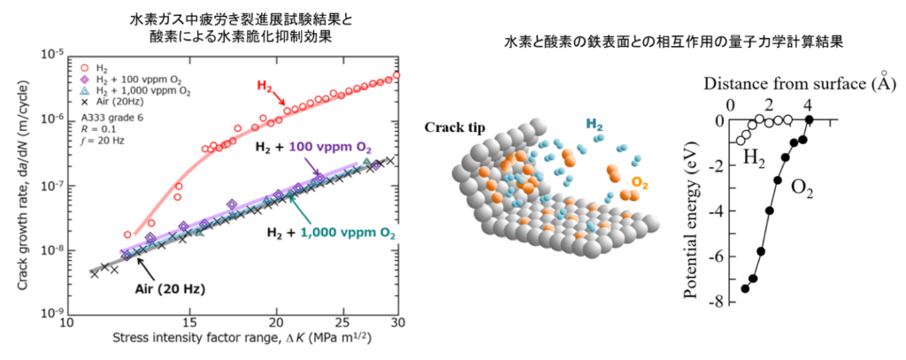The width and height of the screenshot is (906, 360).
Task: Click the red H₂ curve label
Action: tap(265, 86)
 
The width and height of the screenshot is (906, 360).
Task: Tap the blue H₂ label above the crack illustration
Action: tap(599, 126)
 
